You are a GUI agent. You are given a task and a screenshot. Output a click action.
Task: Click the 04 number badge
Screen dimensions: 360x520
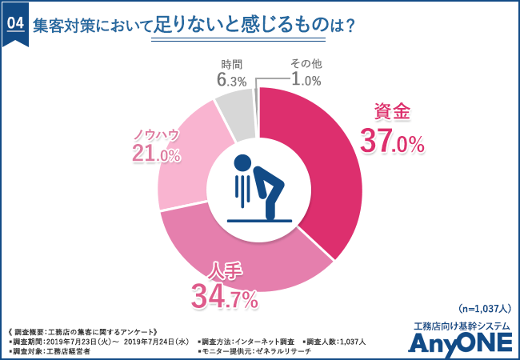tap(15, 24)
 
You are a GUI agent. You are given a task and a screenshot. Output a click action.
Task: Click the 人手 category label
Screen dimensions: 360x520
tap(225, 270)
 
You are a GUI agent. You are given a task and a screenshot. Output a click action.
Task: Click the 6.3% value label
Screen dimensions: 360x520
tap(230, 79)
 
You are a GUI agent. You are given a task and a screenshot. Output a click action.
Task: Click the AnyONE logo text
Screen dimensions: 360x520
tap(459, 342)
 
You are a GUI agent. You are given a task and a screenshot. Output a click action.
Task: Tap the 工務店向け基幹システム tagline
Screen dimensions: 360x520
tap(459, 324)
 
